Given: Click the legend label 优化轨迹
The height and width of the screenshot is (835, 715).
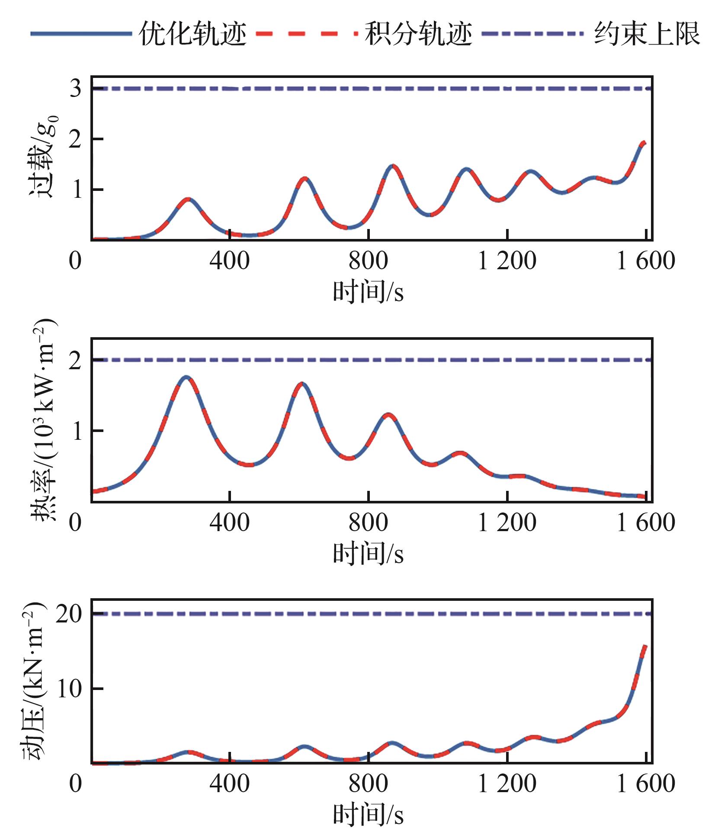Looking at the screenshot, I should coord(192,34).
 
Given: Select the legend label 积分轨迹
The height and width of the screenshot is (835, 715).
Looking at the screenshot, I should coord(418,34).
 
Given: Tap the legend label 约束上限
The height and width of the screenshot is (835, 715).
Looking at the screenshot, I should coord(647,34).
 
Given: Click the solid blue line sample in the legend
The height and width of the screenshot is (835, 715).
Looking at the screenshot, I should coord(81,34).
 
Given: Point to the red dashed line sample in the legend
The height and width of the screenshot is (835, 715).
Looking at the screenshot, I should coord(307,34).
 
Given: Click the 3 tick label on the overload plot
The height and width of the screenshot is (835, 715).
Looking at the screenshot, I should coord(75,89).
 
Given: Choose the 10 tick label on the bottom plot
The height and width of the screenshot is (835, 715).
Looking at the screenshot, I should coord(69,689).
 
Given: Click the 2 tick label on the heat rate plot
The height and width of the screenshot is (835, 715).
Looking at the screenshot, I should coord(75,360).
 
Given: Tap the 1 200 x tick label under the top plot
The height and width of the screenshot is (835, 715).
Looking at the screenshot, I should coord(507,261).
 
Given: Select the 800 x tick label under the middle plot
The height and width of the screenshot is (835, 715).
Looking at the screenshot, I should coord(368,523).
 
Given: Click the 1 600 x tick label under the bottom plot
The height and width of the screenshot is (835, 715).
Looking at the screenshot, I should coord(645,784).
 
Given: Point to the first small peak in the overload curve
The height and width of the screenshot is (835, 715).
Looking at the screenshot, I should coord(188,199).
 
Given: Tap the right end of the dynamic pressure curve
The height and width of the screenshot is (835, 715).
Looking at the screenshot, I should coord(644,647).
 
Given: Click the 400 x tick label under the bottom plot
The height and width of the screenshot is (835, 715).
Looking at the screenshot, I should coord(229,784).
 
